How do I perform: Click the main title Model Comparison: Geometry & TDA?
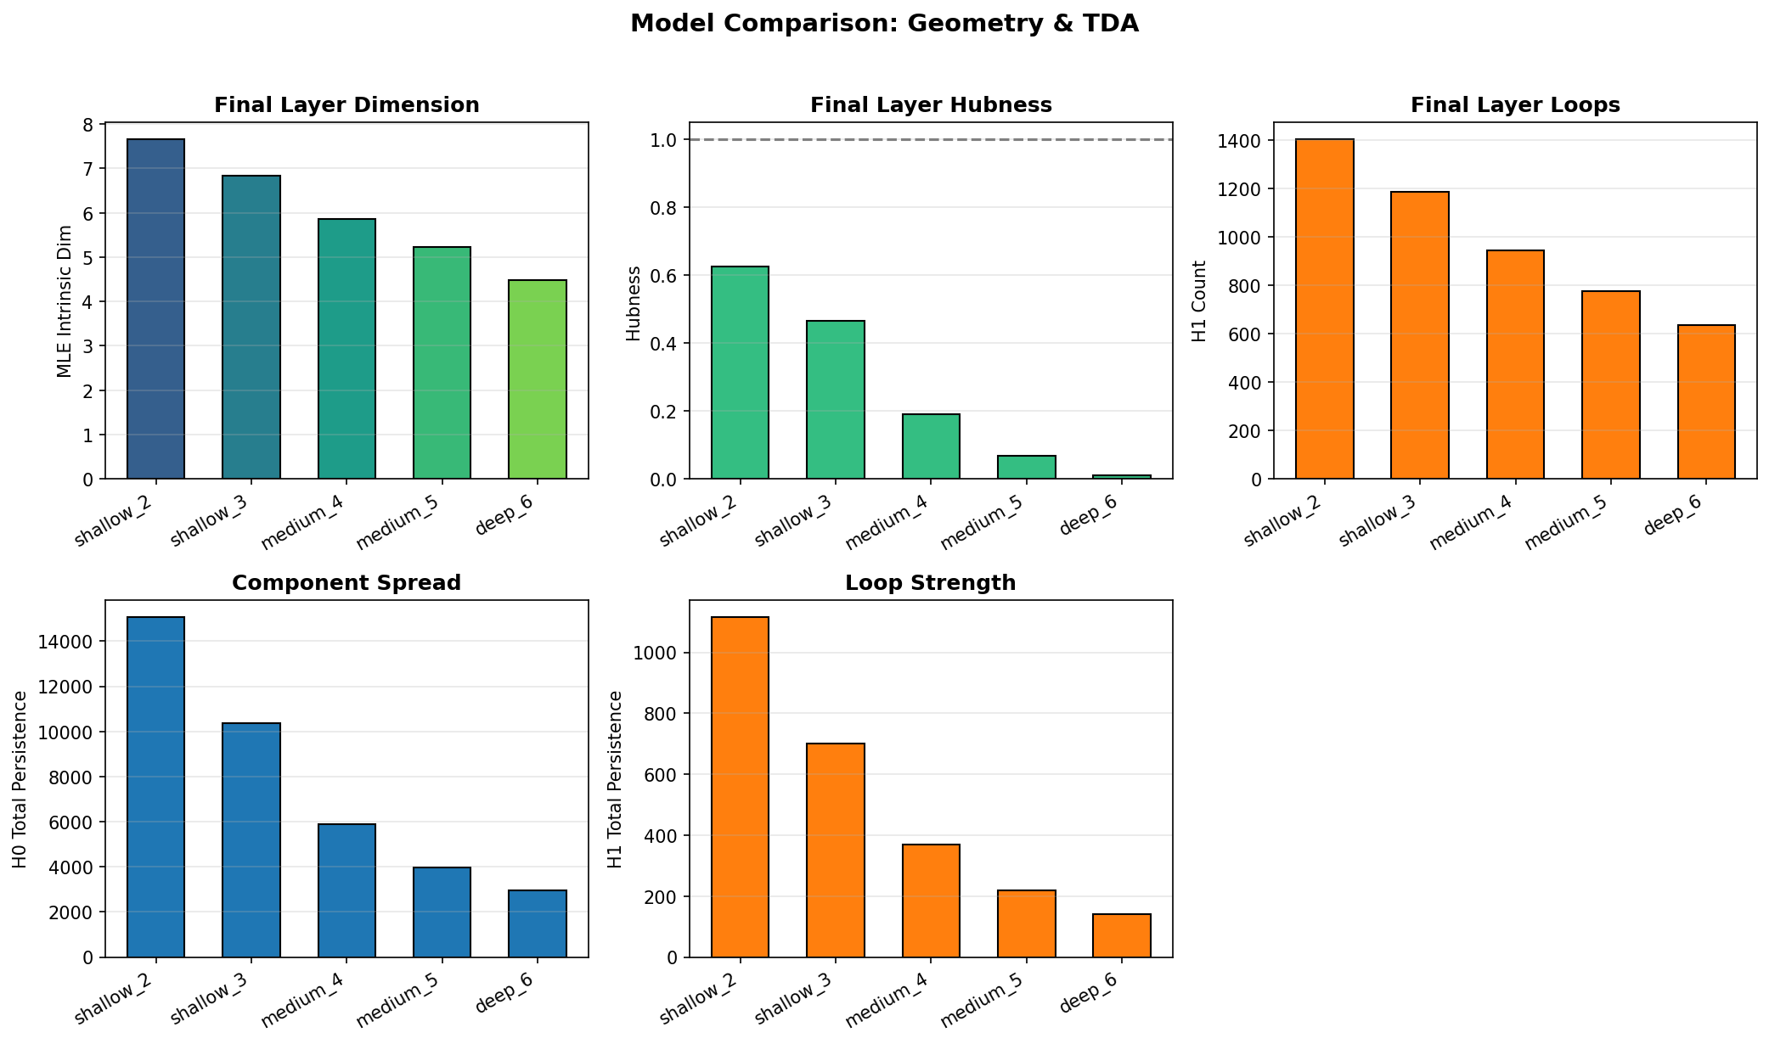pyautogui.click(x=884, y=24)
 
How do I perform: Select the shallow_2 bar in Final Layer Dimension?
pyautogui.click(x=156, y=309)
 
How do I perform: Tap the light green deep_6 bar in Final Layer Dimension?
pyautogui.click(x=538, y=379)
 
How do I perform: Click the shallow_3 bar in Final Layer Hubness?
pyautogui.click(x=836, y=400)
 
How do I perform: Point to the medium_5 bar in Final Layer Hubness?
pyautogui.click(x=1027, y=468)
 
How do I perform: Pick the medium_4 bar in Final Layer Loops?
pyautogui.click(x=1515, y=365)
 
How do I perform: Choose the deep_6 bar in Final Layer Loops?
pyautogui.click(x=1706, y=402)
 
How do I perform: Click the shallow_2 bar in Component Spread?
pyautogui.click(x=156, y=787)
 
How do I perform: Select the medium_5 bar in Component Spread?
pyautogui.click(x=442, y=912)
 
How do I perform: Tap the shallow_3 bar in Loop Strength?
pyautogui.click(x=836, y=850)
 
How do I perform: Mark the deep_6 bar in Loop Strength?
pyautogui.click(x=1122, y=936)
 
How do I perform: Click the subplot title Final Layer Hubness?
pyautogui.click(x=931, y=105)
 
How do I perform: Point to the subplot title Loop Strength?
pyautogui.click(x=931, y=583)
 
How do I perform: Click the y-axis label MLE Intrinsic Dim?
pyautogui.click(x=65, y=301)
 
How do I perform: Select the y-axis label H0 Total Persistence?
pyautogui.click(x=20, y=779)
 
